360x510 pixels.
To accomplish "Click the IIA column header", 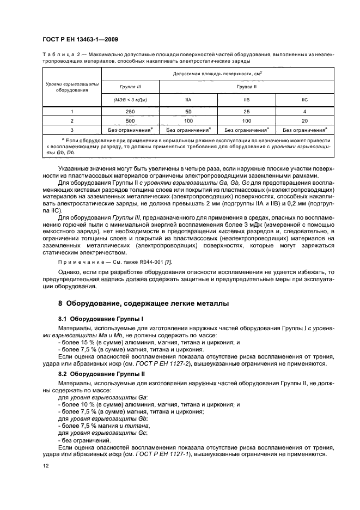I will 188,100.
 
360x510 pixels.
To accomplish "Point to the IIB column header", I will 246,100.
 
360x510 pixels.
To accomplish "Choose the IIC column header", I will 305,100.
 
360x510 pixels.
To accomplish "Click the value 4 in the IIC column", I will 305,111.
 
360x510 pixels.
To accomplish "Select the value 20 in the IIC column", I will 305,120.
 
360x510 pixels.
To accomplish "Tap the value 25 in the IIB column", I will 246,111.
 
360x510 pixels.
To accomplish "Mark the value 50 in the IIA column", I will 188,111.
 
